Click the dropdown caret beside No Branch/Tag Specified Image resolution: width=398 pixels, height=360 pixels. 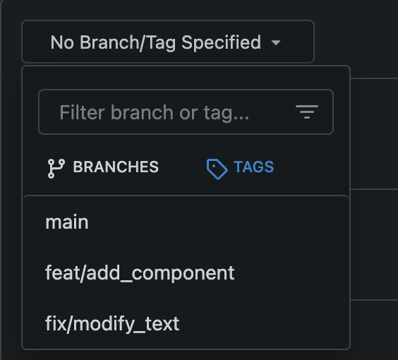[276, 42]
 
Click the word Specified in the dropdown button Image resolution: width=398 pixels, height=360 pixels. [221, 42]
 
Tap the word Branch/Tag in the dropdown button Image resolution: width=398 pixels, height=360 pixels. [128, 42]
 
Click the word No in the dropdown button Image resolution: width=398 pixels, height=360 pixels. [62, 42]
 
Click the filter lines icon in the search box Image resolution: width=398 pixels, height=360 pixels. [307, 112]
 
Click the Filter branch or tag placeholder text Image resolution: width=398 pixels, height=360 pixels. [155, 112]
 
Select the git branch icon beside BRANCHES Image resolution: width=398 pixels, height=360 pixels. [56, 168]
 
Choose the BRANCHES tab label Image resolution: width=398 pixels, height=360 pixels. [116, 167]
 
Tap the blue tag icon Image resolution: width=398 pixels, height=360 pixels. [217, 169]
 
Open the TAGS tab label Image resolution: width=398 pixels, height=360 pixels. [253, 167]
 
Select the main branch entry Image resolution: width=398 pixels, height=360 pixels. [67, 222]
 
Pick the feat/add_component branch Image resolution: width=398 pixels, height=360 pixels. [140, 273]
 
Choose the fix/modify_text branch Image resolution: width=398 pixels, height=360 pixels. [112, 324]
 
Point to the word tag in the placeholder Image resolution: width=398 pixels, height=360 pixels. [217, 114]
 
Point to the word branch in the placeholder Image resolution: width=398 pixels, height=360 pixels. [142, 112]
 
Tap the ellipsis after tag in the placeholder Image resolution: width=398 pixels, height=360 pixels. [241, 118]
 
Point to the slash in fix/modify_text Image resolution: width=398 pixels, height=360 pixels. [68, 324]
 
